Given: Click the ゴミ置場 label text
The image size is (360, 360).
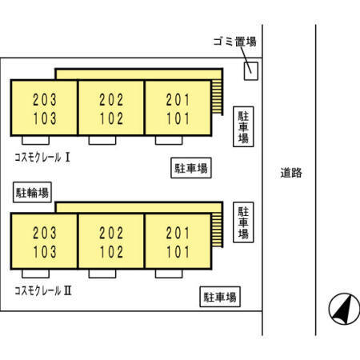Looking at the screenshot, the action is pyautogui.click(x=234, y=42).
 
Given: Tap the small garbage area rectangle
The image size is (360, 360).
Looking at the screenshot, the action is pyautogui.click(x=251, y=71).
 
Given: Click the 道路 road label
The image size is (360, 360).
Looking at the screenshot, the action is pyautogui.click(x=291, y=173).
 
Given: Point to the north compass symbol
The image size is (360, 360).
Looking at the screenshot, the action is pyautogui.click(x=344, y=309).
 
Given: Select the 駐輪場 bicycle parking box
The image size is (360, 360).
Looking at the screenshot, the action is pyautogui.click(x=32, y=192).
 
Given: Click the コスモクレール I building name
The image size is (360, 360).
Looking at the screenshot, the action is pyautogui.click(x=42, y=158).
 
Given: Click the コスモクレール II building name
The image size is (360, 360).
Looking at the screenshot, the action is pyautogui.click(x=43, y=290).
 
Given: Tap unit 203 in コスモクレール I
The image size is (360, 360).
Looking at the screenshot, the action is pyautogui.click(x=45, y=100).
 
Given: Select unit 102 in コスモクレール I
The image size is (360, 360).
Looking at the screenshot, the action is pyautogui.click(x=111, y=118).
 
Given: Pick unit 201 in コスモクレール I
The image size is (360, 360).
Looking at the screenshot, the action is pyautogui.click(x=178, y=100).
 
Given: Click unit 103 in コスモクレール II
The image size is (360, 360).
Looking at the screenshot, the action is pyautogui.click(x=45, y=252).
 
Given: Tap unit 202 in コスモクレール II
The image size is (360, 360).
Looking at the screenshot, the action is pyautogui.click(x=111, y=233).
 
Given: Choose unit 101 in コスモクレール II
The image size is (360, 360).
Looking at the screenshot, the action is pyautogui.click(x=178, y=252).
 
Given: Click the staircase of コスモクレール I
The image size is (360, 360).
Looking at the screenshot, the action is pyautogui.click(x=217, y=97).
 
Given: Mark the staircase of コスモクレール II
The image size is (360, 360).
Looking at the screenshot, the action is pyautogui.click(x=217, y=230).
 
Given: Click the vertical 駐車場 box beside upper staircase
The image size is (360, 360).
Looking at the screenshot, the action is pyautogui.click(x=243, y=126).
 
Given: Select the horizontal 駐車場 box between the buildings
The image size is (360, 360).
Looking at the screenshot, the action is pyautogui.click(x=191, y=168).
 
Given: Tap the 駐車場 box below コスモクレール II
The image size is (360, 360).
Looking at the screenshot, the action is pyautogui.click(x=220, y=297).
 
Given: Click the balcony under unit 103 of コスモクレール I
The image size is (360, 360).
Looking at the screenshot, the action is pyautogui.click(x=35, y=140).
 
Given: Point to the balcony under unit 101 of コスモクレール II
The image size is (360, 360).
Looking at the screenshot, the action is pyautogui.click(x=169, y=274).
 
